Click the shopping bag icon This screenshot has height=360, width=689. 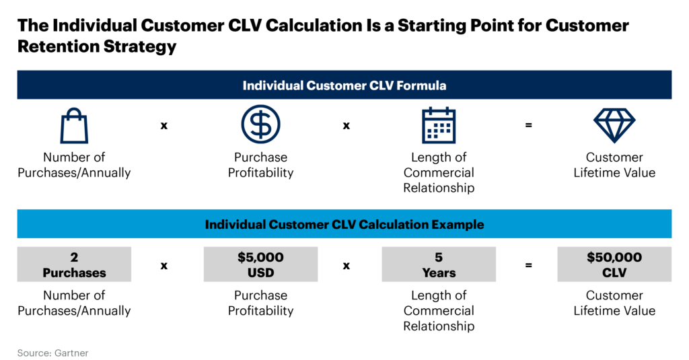coord(74,126)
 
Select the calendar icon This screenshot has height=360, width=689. coord(439,125)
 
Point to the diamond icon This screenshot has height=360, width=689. coord(614,125)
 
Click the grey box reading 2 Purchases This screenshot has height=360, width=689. coord(74,264)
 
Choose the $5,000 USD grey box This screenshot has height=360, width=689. coord(260,264)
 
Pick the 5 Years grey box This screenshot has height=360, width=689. coord(439,264)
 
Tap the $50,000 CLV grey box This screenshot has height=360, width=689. coord(614,264)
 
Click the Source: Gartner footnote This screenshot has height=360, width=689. coord(52,353)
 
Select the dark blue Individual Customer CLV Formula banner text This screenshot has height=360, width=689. coord(344,85)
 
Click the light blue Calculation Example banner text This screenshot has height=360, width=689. coord(344,224)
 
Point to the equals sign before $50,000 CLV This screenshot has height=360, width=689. coord(529,265)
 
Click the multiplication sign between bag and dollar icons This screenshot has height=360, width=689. coord(164,126)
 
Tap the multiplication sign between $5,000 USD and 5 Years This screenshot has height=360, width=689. coord(347,265)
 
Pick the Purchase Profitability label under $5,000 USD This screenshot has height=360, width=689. coord(260,303)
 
